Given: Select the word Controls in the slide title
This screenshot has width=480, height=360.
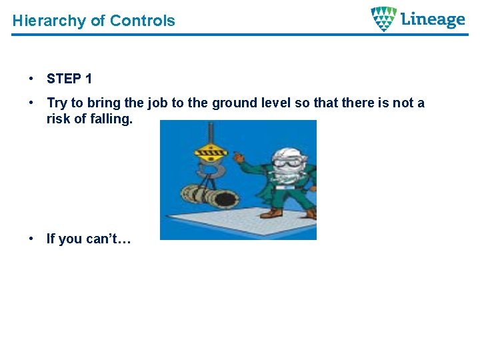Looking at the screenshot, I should [142, 21].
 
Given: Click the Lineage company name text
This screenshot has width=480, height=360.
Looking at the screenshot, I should [433, 20].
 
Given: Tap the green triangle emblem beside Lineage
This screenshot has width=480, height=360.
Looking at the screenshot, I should [383, 19].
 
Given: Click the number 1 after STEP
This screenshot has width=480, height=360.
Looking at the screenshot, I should [89, 79].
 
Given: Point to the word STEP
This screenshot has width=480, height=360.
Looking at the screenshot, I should [64, 79].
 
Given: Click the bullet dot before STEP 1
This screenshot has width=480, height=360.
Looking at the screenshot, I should [32, 79].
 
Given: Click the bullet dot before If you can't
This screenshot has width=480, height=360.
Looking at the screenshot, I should [32, 239].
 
